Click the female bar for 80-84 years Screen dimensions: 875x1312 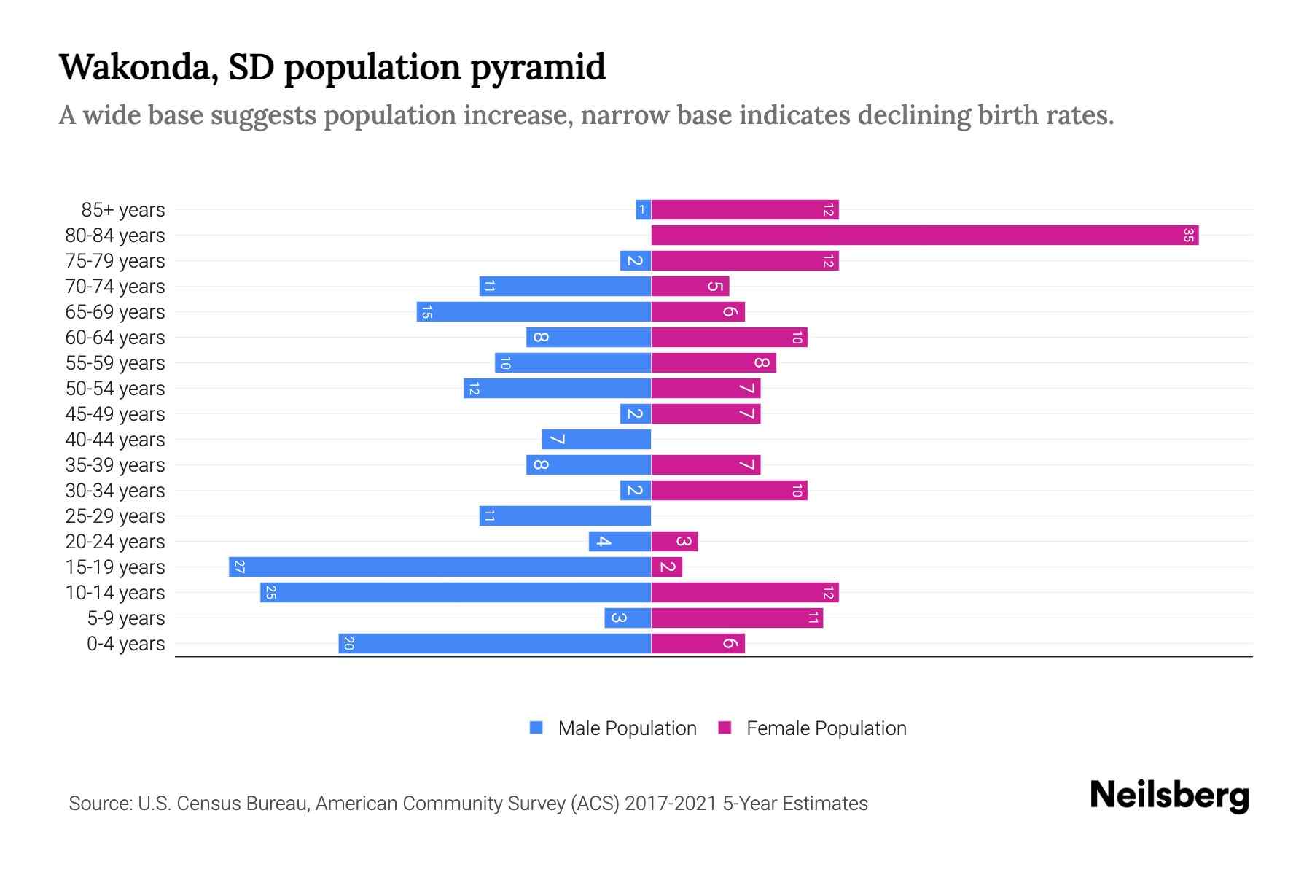click(x=924, y=236)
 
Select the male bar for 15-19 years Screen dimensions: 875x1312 click(x=440, y=567)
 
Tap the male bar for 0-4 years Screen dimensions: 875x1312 click(x=494, y=644)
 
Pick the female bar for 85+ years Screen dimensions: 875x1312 click(x=745, y=210)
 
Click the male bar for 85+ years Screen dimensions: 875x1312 click(x=643, y=210)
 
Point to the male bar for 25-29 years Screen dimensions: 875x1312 click(x=565, y=516)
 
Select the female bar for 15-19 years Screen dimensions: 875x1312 click(x=667, y=567)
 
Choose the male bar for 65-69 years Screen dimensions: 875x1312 click(x=534, y=312)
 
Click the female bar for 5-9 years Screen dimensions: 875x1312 click(x=737, y=618)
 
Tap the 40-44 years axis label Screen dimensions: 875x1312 click(x=115, y=440)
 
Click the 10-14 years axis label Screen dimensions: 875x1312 click(x=115, y=593)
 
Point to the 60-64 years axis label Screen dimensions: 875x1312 click(x=115, y=338)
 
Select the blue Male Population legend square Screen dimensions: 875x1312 click(x=536, y=728)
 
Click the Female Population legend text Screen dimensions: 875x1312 click(x=826, y=728)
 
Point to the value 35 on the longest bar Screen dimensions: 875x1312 click(x=1189, y=236)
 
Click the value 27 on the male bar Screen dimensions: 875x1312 click(x=239, y=567)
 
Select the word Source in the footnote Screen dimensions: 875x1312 click(x=99, y=804)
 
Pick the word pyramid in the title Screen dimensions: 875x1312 click(x=537, y=67)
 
